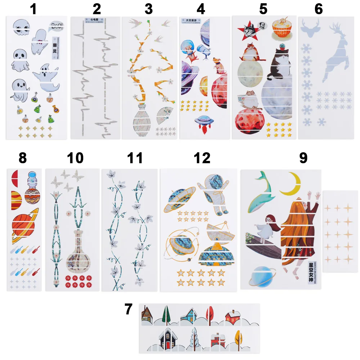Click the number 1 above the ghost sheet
coord(33,9)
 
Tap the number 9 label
coord(303,158)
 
